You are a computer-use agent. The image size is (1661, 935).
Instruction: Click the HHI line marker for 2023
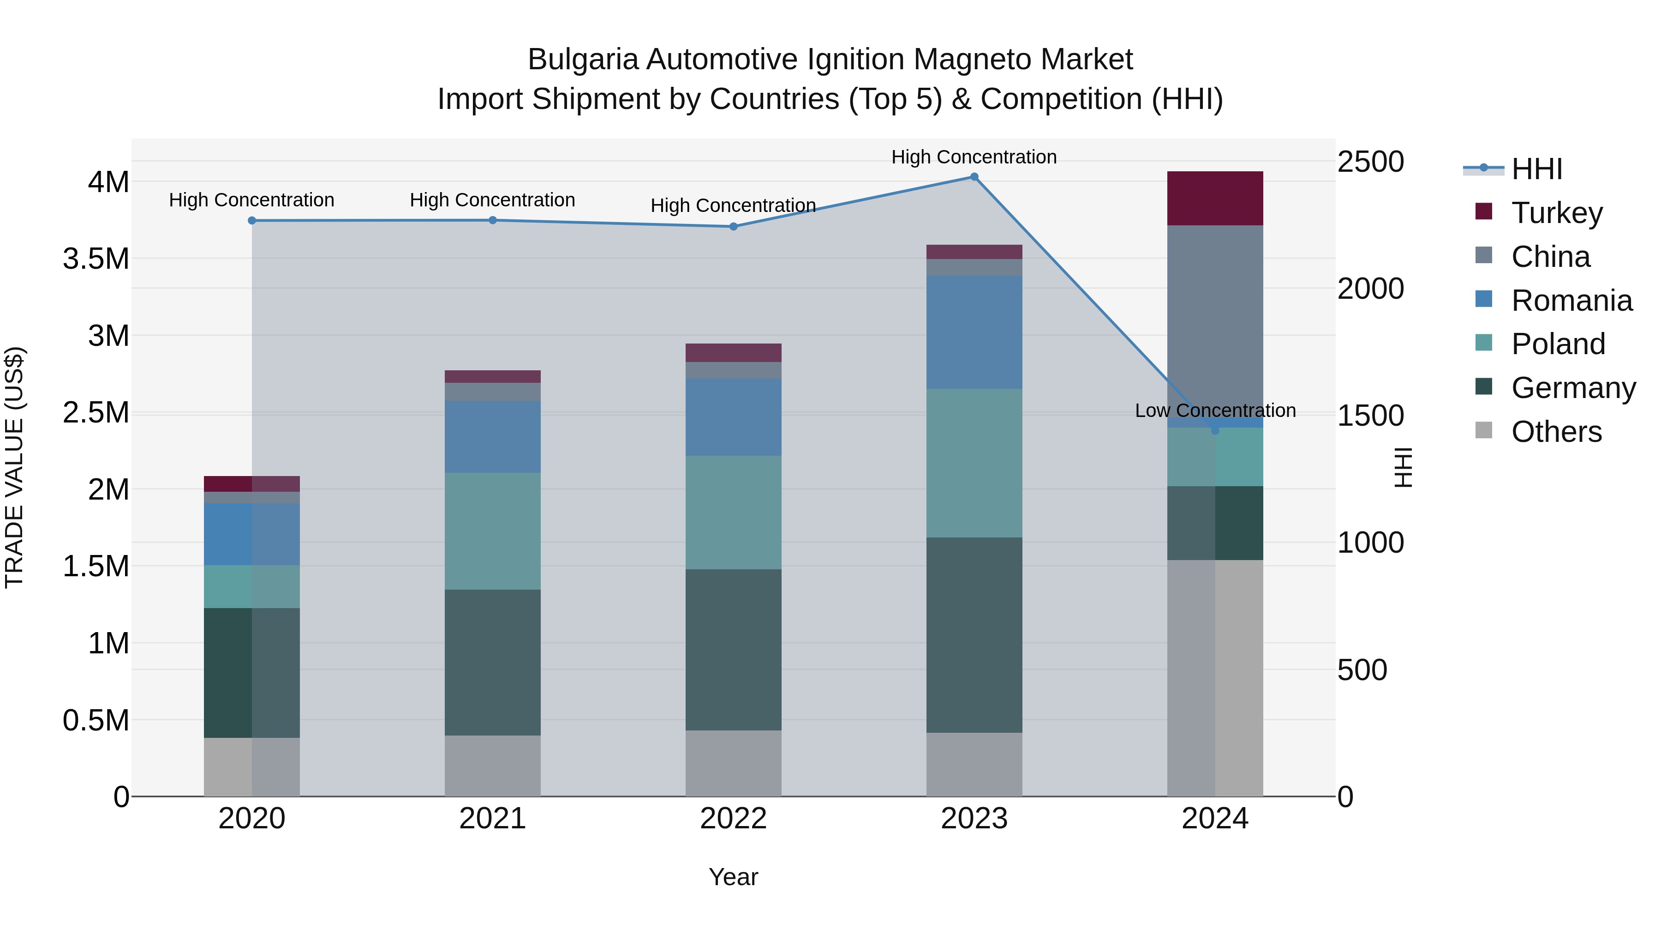974,177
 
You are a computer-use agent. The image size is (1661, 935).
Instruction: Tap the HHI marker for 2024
1215,430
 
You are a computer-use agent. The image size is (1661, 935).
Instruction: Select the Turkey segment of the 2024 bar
1215,198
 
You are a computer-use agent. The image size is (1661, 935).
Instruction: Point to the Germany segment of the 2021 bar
493,662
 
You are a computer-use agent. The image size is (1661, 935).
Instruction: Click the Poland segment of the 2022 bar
733,513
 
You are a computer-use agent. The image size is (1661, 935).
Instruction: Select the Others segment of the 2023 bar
974,764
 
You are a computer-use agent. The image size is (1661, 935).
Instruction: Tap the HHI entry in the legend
1536,169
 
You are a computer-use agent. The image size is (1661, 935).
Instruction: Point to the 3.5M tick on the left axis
96,259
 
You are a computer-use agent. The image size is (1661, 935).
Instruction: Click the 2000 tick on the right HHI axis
1370,289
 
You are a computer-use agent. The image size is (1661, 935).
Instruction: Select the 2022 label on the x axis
733,818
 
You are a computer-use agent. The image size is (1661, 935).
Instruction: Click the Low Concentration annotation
1215,410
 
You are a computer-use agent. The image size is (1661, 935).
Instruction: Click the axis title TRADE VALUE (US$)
14,467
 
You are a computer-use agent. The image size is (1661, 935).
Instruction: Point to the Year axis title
733,877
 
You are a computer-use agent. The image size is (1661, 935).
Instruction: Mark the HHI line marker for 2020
252,221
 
